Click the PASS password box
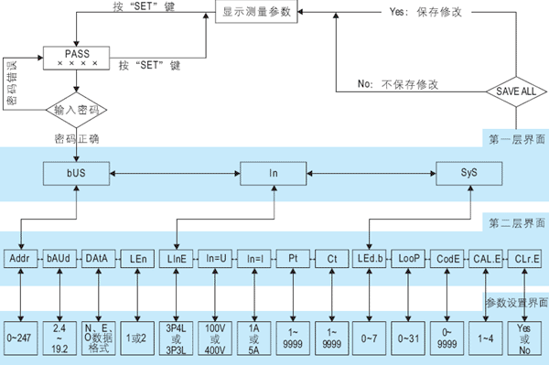click(x=77, y=59)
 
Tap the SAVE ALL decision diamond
click(x=516, y=92)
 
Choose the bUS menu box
click(x=77, y=172)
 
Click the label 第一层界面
click(x=517, y=139)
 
